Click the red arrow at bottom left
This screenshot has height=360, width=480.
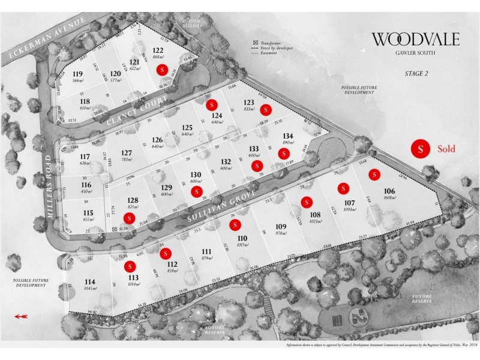point(20,316)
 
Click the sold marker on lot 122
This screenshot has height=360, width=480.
point(161,69)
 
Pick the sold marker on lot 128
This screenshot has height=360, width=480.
point(128,218)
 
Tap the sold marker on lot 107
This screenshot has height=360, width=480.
point(344,187)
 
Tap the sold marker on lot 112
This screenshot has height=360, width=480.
point(167,253)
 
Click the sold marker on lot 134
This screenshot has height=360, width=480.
point(283,154)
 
